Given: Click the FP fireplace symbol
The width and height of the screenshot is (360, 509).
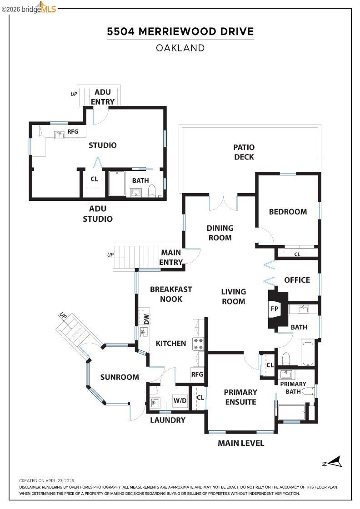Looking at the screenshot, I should (x=275, y=308).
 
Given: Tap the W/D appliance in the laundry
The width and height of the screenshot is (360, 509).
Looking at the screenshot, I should (x=180, y=401).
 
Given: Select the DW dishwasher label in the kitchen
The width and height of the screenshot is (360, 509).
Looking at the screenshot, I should (x=146, y=319).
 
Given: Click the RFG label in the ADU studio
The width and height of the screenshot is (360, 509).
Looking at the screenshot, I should (x=73, y=131).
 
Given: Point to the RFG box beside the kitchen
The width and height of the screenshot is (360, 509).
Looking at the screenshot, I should (x=197, y=374).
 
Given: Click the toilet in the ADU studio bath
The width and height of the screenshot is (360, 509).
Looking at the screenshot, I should (x=153, y=190).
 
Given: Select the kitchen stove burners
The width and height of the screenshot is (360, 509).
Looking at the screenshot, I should (x=199, y=344).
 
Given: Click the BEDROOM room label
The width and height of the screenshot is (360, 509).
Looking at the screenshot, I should (x=288, y=211).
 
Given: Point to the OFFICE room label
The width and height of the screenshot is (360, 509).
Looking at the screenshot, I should (x=297, y=280).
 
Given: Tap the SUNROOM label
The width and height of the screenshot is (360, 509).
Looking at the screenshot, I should (x=120, y=377).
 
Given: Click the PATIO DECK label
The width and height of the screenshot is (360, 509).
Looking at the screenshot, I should (x=244, y=152).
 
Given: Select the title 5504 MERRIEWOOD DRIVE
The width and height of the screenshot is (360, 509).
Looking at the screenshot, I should (x=180, y=31).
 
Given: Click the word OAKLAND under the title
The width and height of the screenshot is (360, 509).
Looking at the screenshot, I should (x=180, y=48).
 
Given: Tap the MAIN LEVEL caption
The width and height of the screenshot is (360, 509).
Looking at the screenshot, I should (x=241, y=443).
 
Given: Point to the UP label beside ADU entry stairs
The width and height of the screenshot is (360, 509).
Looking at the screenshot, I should (x=74, y=95).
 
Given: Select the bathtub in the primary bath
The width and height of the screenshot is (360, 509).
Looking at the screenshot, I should (x=291, y=413).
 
